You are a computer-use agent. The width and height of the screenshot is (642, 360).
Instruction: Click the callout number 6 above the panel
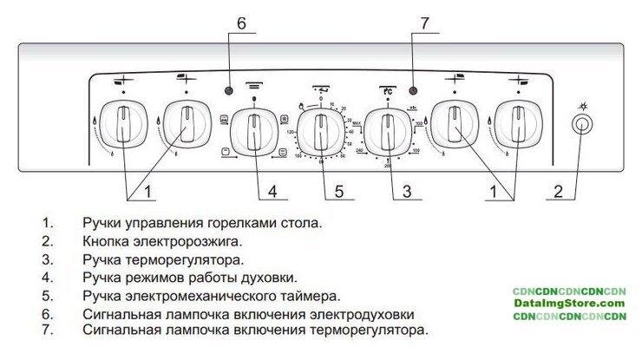241,24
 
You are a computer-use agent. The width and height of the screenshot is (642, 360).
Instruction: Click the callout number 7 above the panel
424,24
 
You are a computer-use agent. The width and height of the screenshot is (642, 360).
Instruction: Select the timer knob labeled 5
320,133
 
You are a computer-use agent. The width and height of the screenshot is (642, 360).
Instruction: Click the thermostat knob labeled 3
384,132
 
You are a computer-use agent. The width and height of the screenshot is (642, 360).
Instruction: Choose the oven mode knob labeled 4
254,132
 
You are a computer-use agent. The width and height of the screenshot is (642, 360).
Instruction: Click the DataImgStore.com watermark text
568,303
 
